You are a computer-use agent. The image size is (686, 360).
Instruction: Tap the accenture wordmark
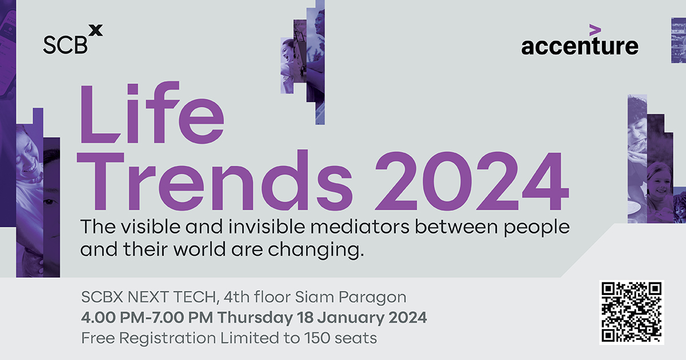580,46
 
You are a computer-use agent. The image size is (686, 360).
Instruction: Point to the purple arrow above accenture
595,29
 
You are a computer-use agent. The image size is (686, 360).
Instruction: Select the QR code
631,313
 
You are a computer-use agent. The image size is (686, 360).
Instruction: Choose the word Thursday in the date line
258,318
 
